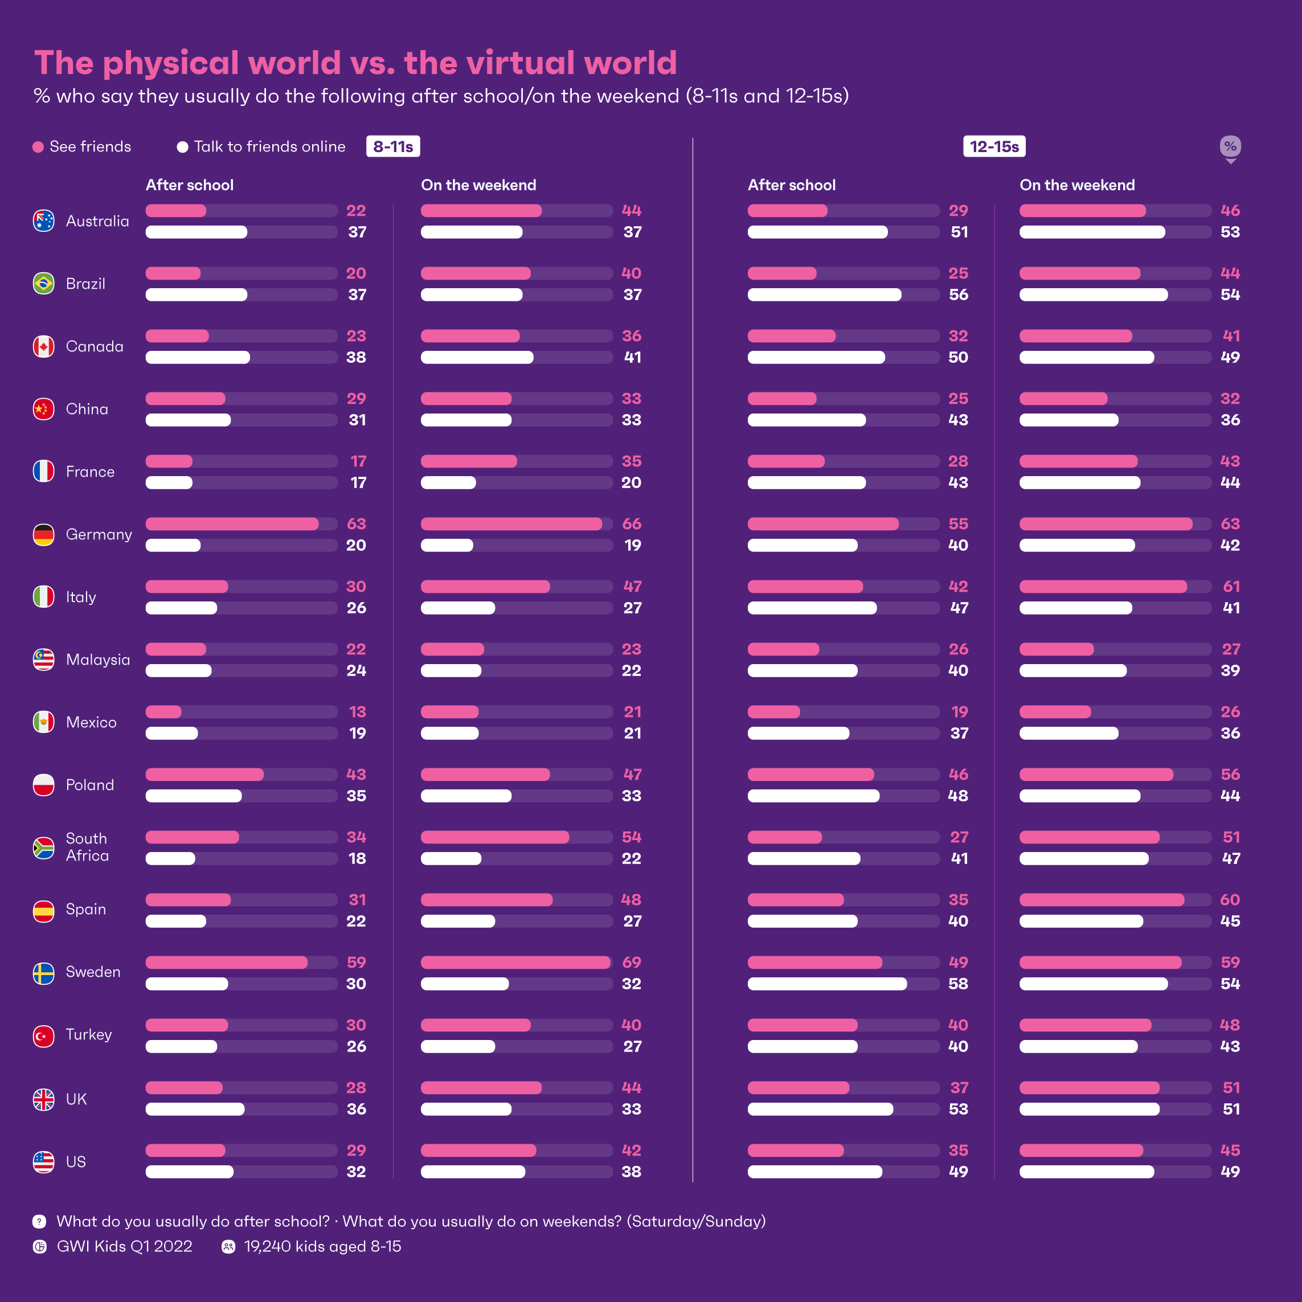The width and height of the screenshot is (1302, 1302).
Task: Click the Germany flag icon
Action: [x=44, y=534]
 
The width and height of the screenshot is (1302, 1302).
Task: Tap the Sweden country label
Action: [x=93, y=972]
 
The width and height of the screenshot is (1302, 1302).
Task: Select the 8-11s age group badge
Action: [x=393, y=146]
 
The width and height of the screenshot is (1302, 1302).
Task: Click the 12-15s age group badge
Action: [x=994, y=146]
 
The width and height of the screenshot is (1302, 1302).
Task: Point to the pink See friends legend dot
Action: [x=38, y=147]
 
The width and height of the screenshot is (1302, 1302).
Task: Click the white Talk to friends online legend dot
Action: [x=182, y=147]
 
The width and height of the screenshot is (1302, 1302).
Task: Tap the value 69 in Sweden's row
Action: [x=632, y=963]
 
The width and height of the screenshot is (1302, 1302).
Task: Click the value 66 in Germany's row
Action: [x=632, y=523]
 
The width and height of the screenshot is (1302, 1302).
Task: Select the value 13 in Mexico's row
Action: [x=357, y=711]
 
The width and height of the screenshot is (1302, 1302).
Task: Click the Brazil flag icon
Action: [x=44, y=283]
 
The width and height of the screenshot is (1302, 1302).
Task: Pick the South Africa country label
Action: [x=87, y=847]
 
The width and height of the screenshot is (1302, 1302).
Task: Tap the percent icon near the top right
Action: [x=1230, y=146]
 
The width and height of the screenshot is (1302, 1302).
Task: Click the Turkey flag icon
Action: [x=44, y=1035]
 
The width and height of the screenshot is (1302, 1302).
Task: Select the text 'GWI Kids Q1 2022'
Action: [x=125, y=1247]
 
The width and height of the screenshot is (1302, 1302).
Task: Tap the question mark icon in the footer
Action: [x=40, y=1221]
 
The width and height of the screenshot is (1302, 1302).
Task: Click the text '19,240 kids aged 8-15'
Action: [x=322, y=1247]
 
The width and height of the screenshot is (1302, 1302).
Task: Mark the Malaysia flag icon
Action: [x=44, y=660]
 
